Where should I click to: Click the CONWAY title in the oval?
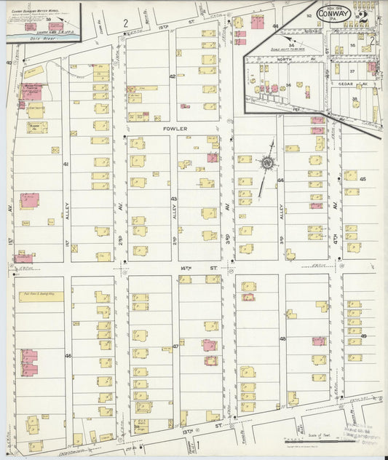click(334, 13)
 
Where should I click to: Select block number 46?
click(68, 356)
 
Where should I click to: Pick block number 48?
click(282, 340)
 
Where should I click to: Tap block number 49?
click(363, 336)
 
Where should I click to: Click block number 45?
click(363, 178)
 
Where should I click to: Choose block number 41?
click(66, 164)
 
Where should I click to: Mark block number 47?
click(175, 346)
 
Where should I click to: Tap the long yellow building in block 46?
click(41, 295)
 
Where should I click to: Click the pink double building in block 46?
click(28, 362)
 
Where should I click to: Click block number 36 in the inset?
click(288, 85)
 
